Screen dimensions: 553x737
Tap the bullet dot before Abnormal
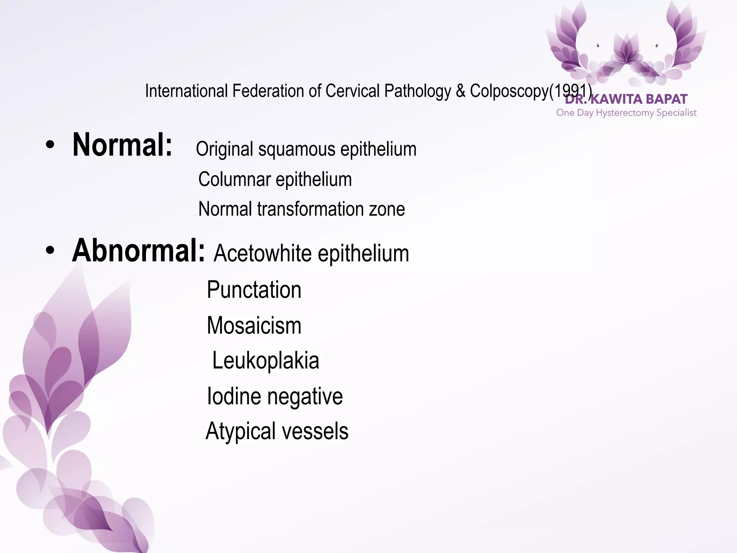pyautogui.click(x=50, y=251)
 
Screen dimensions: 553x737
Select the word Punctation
pyautogui.click(x=254, y=290)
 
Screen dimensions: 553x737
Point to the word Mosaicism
pyautogui.click(x=254, y=325)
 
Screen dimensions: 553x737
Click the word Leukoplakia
pyautogui.click(x=266, y=360)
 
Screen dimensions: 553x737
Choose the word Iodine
pyautogui.click(x=234, y=396)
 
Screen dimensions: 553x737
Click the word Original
pyautogui.click(x=225, y=149)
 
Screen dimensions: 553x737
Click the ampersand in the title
pyautogui.click(x=460, y=91)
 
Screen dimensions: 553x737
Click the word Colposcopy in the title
pyautogui.click(x=509, y=91)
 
